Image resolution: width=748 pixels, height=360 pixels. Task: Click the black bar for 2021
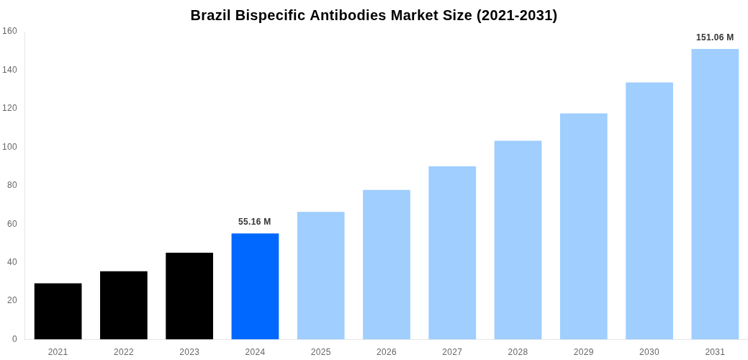click(58, 311)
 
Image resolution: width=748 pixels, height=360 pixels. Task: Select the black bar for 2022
click(124, 305)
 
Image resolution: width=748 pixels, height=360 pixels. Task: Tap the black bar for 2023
click(189, 296)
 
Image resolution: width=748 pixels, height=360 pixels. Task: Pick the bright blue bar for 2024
click(255, 286)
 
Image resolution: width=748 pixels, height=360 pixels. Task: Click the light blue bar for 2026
click(387, 264)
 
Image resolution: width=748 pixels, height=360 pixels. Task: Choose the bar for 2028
click(518, 240)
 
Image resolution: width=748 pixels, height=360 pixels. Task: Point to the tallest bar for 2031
click(715, 194)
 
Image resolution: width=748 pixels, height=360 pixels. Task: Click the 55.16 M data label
click(255, 222)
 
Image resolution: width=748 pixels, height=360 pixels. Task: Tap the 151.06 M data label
click(715, 37)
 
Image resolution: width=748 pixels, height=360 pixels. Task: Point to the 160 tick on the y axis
click(9, 31)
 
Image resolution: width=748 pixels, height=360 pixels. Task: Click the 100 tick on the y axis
click(9, 147)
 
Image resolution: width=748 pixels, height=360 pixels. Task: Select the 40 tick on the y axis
click(12, 262)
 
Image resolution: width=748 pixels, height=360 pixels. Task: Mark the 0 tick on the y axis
click(14, 339)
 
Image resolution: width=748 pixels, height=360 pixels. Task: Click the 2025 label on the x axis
click(320, 352)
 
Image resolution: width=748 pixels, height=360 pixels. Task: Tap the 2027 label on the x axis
click(452, 352)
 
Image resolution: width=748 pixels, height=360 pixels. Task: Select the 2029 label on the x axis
click(584, 352)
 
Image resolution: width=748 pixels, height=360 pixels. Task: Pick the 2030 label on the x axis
click(649, 352)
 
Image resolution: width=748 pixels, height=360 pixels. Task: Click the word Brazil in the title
click(210, 15)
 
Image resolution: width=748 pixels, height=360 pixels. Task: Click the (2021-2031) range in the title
click(517, 15)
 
